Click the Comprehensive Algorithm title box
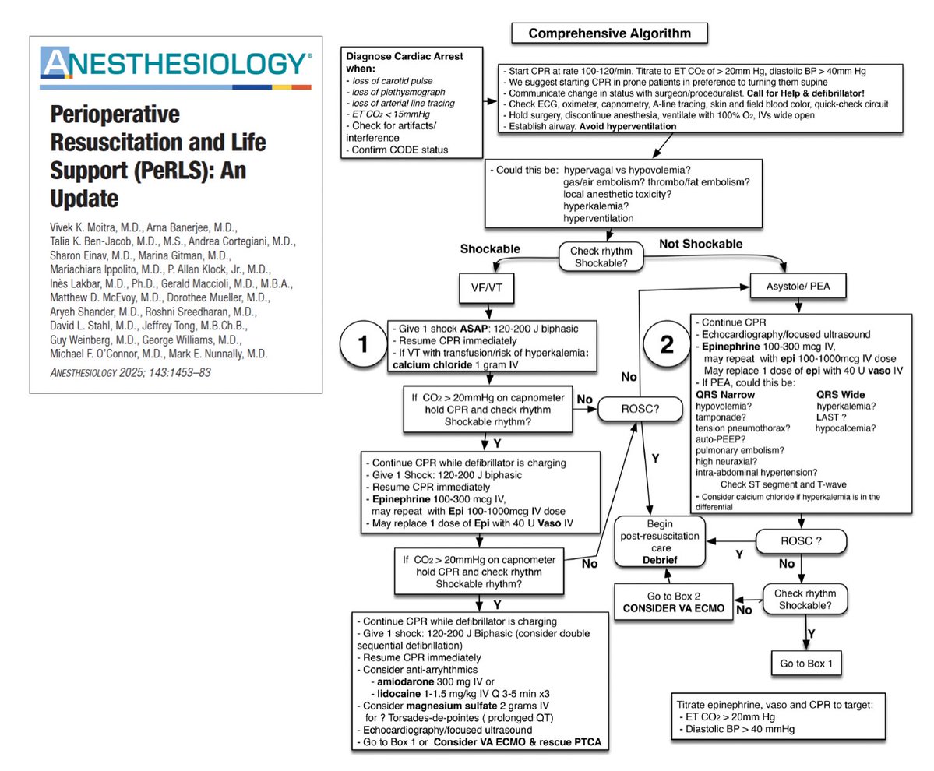[x=608, y=33]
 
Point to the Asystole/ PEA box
[x=798, y=286]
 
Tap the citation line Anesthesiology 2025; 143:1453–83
[x=131, y=372]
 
